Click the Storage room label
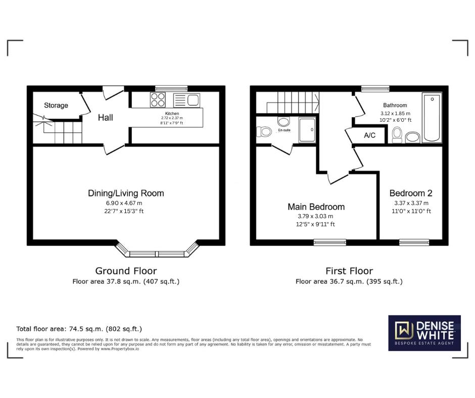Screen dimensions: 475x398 56,106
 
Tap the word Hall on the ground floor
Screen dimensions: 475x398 106,118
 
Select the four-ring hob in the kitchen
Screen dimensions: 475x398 158,99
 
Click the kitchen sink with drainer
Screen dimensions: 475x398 186,100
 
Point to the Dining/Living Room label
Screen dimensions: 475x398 126,193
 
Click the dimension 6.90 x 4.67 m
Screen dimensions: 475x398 124,203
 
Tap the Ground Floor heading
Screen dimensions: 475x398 126,271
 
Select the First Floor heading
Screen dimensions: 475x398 349,271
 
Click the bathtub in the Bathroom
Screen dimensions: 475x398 432,118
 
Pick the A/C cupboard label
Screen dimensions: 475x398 369,135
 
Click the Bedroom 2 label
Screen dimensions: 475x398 411,193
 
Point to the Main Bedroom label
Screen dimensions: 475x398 316,207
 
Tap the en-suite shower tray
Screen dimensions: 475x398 307,130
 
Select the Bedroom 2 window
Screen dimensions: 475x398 414,242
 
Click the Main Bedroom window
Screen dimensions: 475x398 329,242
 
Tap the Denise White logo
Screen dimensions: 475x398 424,333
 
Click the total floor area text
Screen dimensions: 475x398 79,329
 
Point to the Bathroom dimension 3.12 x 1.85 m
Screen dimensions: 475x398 396,114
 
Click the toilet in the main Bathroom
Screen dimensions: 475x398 397,135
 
